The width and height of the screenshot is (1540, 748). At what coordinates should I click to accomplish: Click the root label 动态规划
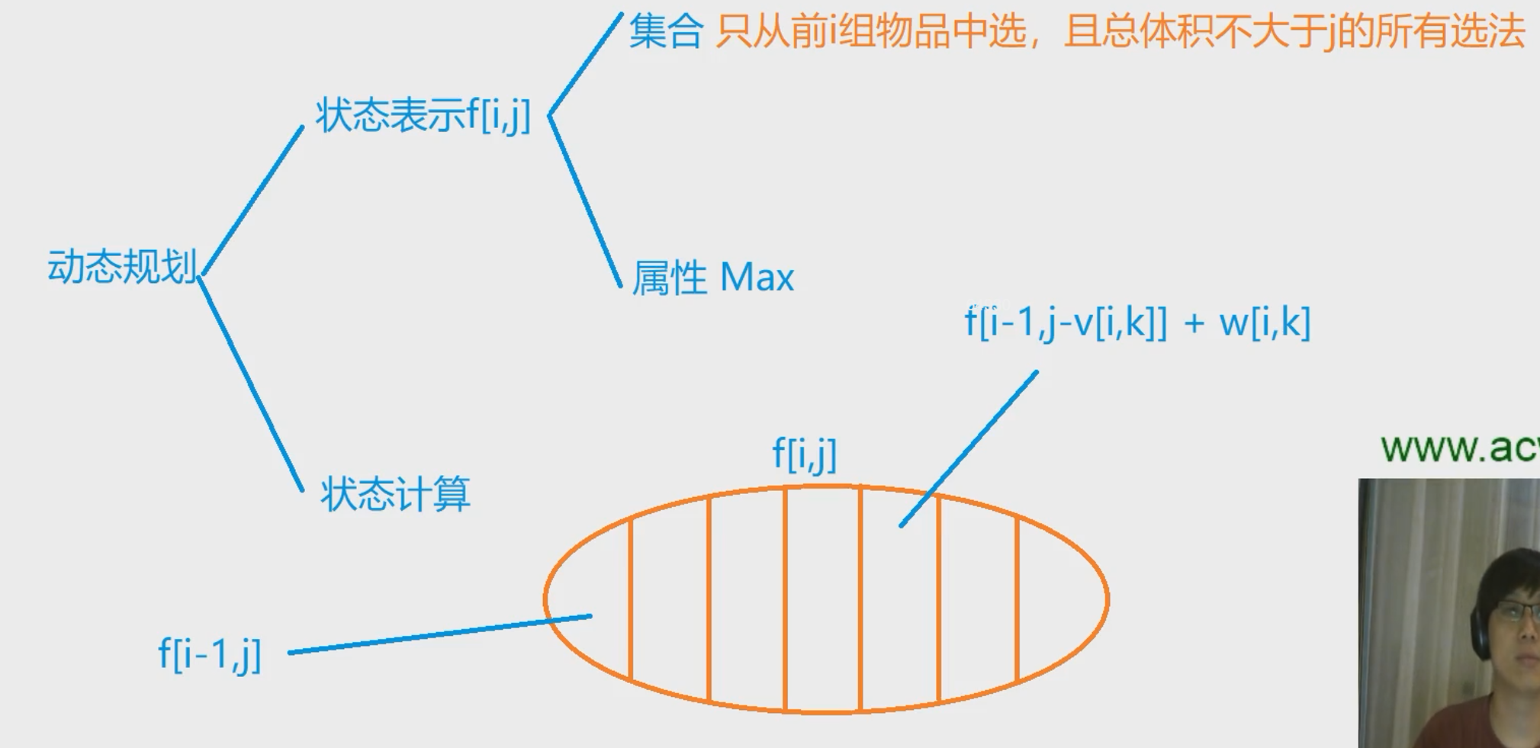click(x=122, y=267)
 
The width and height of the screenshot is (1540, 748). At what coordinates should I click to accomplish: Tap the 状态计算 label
click(x=395, y=493)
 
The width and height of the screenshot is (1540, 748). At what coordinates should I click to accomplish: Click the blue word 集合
click(x=665, y=33)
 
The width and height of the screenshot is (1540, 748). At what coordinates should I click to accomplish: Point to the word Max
click(x=757, y=277)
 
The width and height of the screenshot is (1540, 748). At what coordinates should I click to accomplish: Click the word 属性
click(x=670, y=278)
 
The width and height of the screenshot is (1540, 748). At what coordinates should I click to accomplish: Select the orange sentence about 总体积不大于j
click(x=1120, y=33)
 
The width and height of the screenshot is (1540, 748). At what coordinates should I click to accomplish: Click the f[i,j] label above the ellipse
click(x=805, y=454)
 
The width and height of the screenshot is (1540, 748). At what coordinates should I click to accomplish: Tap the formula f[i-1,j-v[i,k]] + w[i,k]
click(x=1137, y=323)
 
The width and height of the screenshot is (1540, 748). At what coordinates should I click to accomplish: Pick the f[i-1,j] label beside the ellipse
click(x=210, y=654)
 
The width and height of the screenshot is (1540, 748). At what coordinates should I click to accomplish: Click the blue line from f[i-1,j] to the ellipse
click(x=439, y=634)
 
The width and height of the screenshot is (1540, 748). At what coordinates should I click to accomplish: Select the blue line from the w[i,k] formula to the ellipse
click(x=969, y=448)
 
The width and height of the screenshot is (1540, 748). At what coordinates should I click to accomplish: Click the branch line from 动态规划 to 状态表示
click(x=252, y=200)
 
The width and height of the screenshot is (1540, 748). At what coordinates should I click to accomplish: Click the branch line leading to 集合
click(x=585, y=64)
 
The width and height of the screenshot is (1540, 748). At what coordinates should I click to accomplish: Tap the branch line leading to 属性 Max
click(x=585, y=202)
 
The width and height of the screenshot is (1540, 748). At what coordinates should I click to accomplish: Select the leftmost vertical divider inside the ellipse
click(x=631, y=599)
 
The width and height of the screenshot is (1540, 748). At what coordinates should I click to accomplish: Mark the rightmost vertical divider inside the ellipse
click(x=1018, y=599)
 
